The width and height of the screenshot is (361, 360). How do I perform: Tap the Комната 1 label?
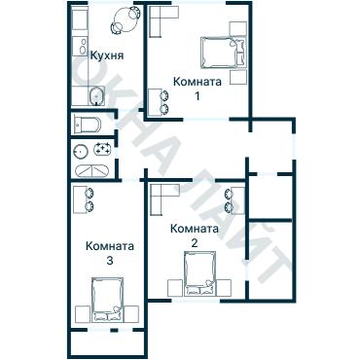coord(197,81)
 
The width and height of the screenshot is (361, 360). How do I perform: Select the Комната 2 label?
coord(193,229)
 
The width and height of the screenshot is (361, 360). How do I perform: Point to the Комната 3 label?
coord(110,246)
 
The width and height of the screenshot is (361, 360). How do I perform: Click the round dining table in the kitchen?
coord(124,18)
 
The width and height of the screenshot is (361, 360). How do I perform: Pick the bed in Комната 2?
coord(199,277)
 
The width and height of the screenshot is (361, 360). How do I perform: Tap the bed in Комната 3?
coord(108,298)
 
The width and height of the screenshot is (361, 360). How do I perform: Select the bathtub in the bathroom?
coord(91,168)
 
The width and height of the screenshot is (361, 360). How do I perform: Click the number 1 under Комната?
coord(198,95)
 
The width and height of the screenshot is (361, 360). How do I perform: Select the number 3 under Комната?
coord(110,261)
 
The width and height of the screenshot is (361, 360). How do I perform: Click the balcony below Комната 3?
coord(108,343)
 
